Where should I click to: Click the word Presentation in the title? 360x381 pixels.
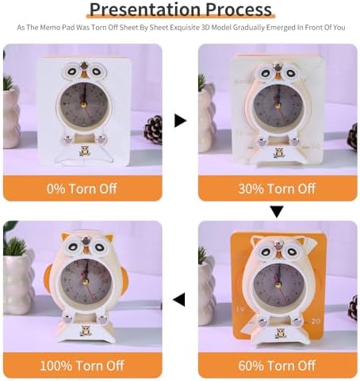(x=146, y=9)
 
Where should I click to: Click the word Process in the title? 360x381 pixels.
(x=239, y=9)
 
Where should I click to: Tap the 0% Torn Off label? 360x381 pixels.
(x=82, y=189)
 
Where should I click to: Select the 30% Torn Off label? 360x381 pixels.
(x=277, y=189)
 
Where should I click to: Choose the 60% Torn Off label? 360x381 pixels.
(x=277, y=365)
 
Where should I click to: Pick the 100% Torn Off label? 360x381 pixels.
(x=82, y=365)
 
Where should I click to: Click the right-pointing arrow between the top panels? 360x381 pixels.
(x=181, y=121)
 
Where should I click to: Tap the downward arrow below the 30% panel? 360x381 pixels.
(x=277, y=212)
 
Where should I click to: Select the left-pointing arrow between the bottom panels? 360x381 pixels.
(x=179, y=299)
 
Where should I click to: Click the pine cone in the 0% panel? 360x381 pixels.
(x=154, y=130)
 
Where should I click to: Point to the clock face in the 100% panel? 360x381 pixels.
(x=85, y=283)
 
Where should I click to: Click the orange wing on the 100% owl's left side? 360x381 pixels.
(x=48, y=278)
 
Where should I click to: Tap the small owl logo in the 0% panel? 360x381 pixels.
(x=85, y=152)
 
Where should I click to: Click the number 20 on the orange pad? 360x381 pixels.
(x=316, y=321)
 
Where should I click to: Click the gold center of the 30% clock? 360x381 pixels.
(x=278, y=106)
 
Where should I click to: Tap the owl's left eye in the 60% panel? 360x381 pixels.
(x=265, y=252)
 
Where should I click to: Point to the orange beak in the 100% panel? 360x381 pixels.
(x=86, y=249)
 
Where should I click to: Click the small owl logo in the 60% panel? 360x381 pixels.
(x=280, y=333)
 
